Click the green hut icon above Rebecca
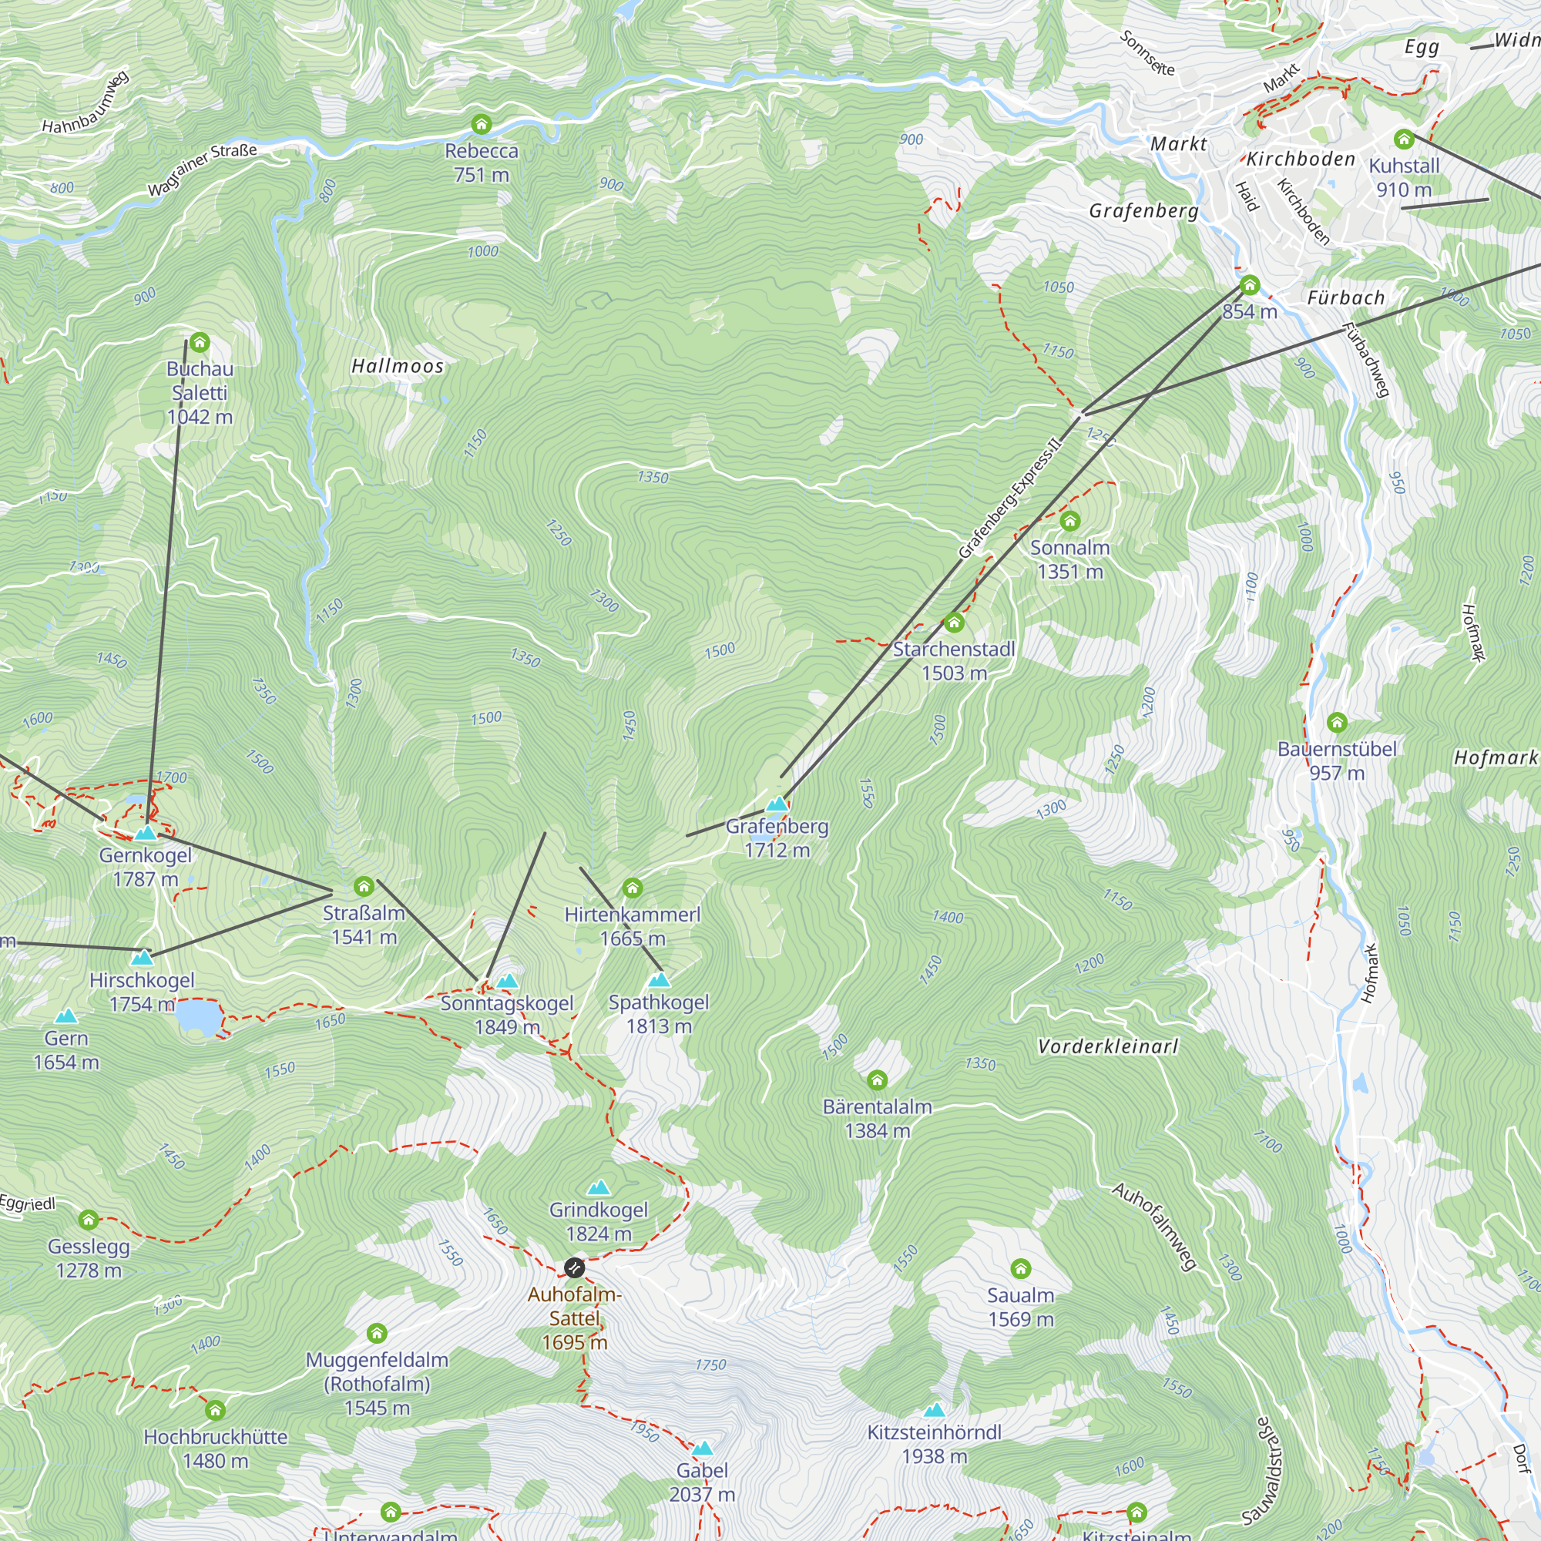481,124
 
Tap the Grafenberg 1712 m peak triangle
777,804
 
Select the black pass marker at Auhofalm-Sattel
573,1267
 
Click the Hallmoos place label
398,366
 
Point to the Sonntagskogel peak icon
507,981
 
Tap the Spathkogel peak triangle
659,979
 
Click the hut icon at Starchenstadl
954,623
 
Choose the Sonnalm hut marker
1069,522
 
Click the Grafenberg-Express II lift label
1012,498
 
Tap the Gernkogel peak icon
145,834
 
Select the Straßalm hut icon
364,886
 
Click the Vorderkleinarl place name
1107,1046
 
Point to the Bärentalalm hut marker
877,1081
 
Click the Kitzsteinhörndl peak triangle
934,1409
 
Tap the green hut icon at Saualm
1020,1269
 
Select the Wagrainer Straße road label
203,169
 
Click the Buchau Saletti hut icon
200,343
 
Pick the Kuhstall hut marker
1404,139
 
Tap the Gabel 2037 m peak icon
702,1448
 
